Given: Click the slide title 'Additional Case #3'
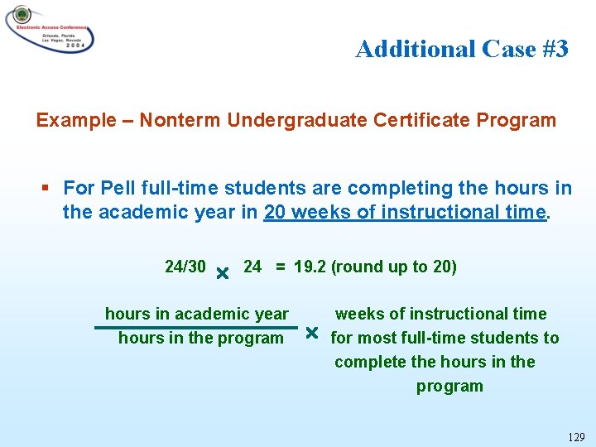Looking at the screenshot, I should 462,50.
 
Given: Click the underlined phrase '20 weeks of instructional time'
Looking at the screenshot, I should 405,213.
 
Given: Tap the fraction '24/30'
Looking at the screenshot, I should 185,267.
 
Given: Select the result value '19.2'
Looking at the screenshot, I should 309,267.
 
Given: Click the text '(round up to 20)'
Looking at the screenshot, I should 393,267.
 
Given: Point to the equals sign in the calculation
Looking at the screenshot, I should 281,267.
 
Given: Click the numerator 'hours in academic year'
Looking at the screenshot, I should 197,314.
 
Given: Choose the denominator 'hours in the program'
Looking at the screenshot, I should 200,338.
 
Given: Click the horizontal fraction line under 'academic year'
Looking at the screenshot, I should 195,327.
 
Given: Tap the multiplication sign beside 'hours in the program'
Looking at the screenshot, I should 311,334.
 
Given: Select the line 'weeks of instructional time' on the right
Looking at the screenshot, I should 440,314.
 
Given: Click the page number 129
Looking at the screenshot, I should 578,436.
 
